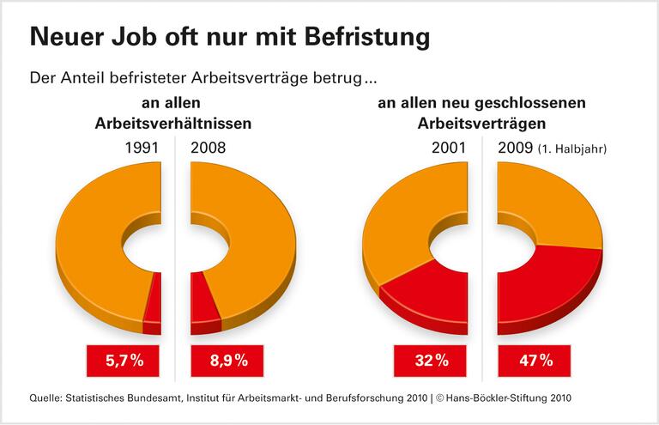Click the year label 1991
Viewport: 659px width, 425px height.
point(142,148)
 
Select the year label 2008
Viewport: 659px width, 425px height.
point(209,148)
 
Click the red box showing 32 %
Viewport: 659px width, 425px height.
point(431,361)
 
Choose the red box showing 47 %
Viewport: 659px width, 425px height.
point(535,361)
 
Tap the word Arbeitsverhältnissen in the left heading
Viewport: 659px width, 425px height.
point(172,123)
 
